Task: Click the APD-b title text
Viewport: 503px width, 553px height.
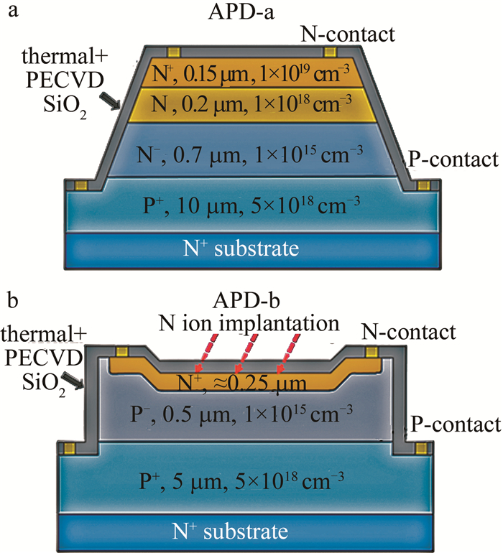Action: coord(250,299)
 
